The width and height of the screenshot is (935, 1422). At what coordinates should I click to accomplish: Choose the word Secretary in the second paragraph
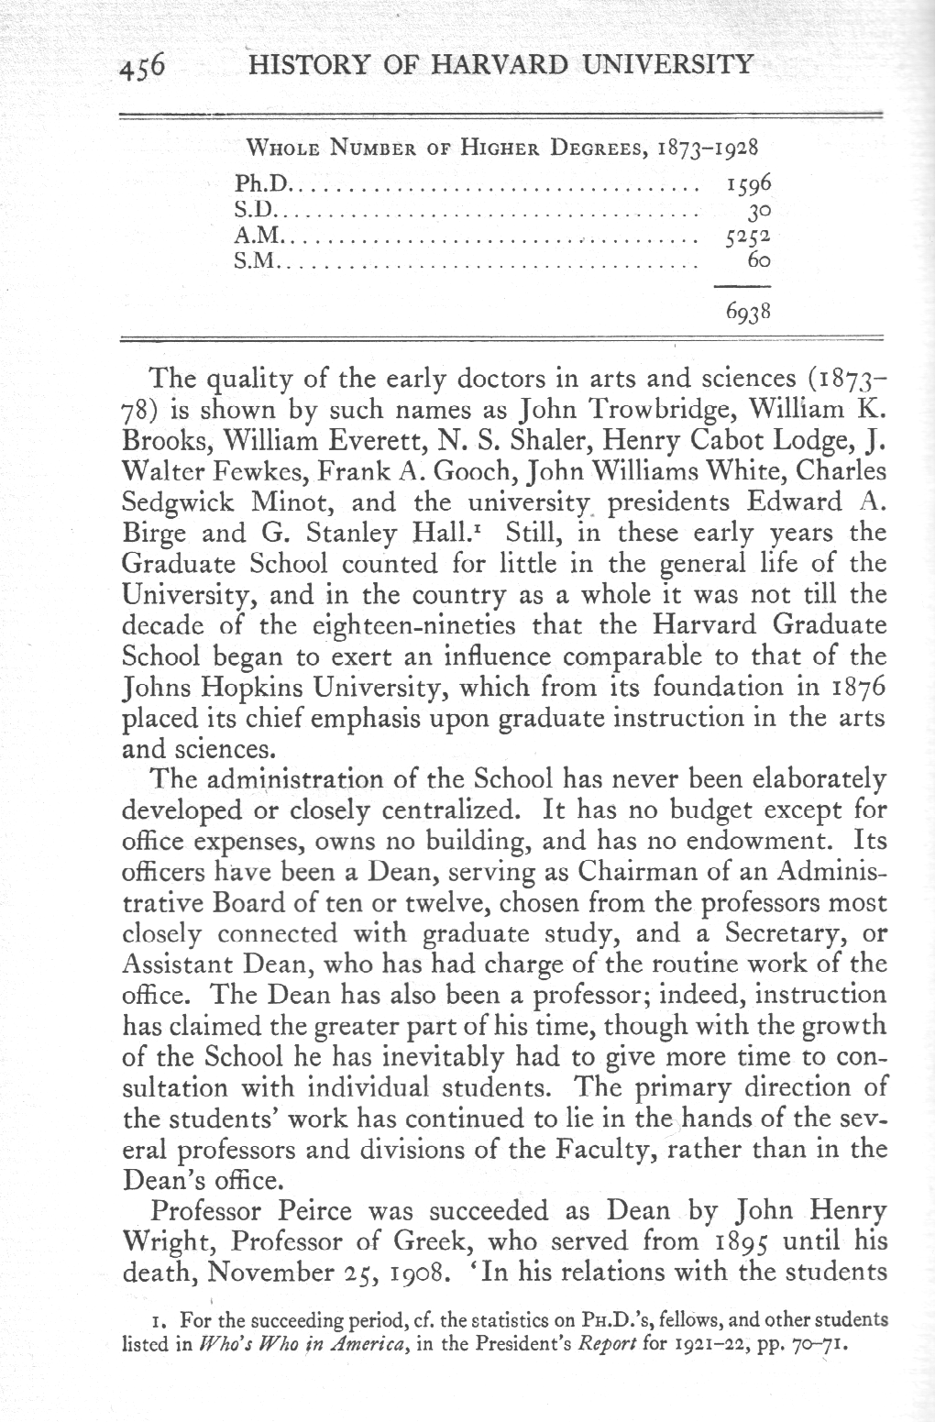(793, 933)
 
